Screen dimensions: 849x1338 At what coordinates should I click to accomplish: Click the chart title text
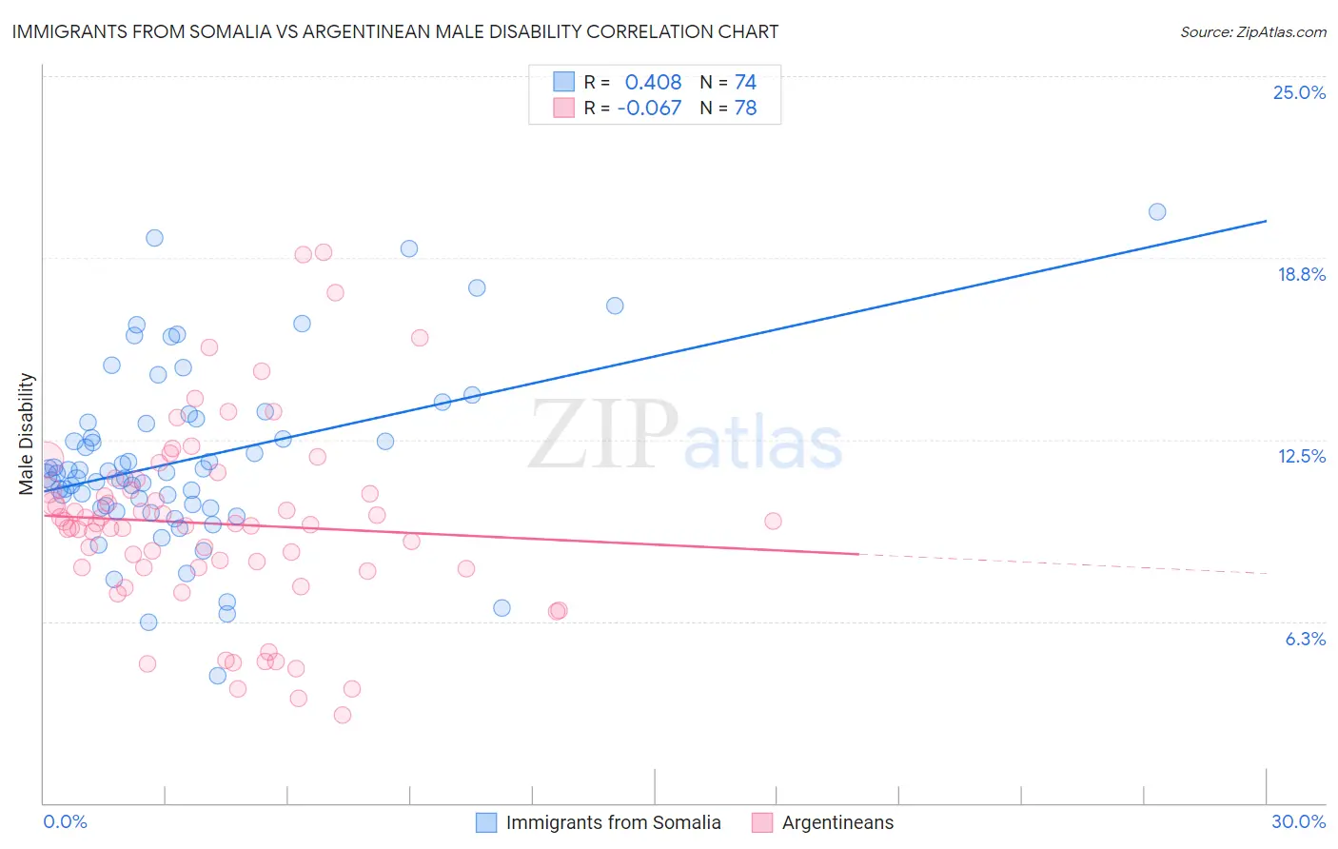(395, 31)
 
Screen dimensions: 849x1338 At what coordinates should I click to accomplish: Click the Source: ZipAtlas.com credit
(1252, 31)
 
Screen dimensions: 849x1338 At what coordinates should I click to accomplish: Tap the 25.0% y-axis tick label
(1299, 92)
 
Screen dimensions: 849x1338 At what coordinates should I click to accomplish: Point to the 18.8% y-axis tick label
(1301, 274)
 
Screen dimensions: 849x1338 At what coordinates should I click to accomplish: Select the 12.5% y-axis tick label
(1301, 456)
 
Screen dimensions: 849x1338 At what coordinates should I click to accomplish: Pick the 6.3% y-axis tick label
(1305, 639)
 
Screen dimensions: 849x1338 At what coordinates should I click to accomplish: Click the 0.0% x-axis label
(65, 821)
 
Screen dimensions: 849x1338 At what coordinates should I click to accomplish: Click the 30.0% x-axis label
(1298, 821)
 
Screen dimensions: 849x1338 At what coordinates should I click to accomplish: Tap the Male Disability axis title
(27, 433)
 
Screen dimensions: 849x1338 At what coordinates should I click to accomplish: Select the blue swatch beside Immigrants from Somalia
(487, 822)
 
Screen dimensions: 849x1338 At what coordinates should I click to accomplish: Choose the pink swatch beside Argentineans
(762, 822)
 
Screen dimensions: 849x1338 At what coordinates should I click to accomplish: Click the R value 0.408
(653, 83)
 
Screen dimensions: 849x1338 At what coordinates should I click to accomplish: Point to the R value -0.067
(649, 109)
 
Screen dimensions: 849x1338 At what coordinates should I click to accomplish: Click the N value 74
(745, 83)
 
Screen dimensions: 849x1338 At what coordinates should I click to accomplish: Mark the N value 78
(745, 109)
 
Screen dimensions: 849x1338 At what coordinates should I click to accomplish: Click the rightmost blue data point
(1157, 211)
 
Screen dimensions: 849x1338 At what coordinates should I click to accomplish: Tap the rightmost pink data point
(773, 521)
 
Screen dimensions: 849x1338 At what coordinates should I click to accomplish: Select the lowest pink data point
(343, 715)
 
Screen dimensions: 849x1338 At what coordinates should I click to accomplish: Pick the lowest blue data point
(218, 676)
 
